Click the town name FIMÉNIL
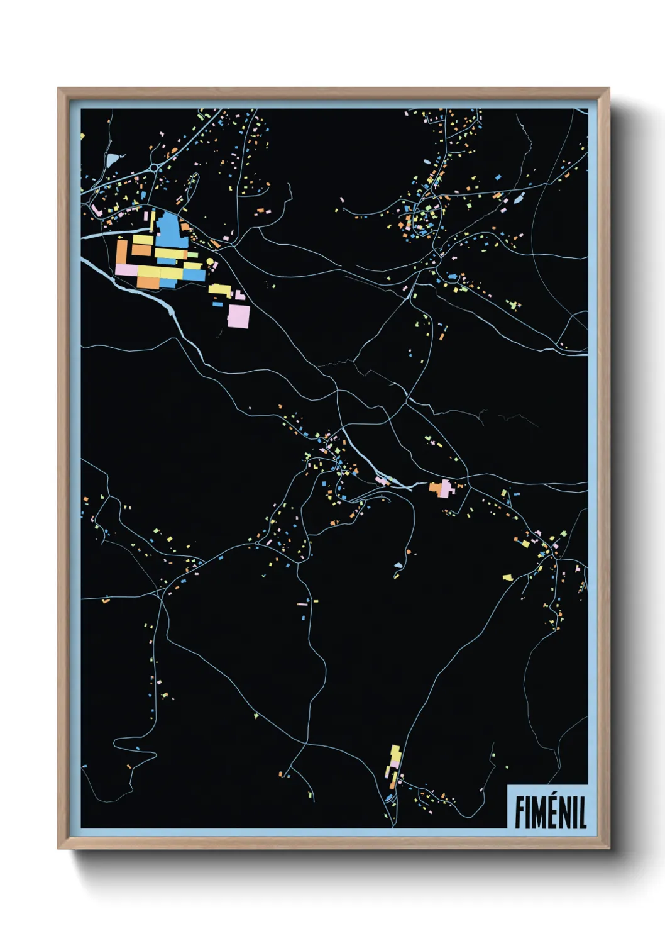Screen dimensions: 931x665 pyautogui.click(x=550, y=811)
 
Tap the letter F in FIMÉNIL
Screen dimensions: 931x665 pyautogui.click(x=520, y=812)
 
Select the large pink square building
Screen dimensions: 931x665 pyautogui.click(x=238, y=316)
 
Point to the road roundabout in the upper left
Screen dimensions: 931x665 pyautogui.click(x=154, y=167)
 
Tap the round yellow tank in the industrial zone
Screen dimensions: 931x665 pyautogui.click(x=210, y=260)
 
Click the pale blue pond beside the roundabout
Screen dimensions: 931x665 pyautogui.click(x=113, y=160)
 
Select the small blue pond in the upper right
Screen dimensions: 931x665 pyautogui.click(x=519, y=199)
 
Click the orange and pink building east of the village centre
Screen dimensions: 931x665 pyautogui.click(x=442, y=488)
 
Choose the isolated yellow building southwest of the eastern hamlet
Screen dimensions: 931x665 pyautogui.click(x=507, y=577)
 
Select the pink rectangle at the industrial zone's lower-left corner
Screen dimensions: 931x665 pyautogui.click(x=126, y=269)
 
